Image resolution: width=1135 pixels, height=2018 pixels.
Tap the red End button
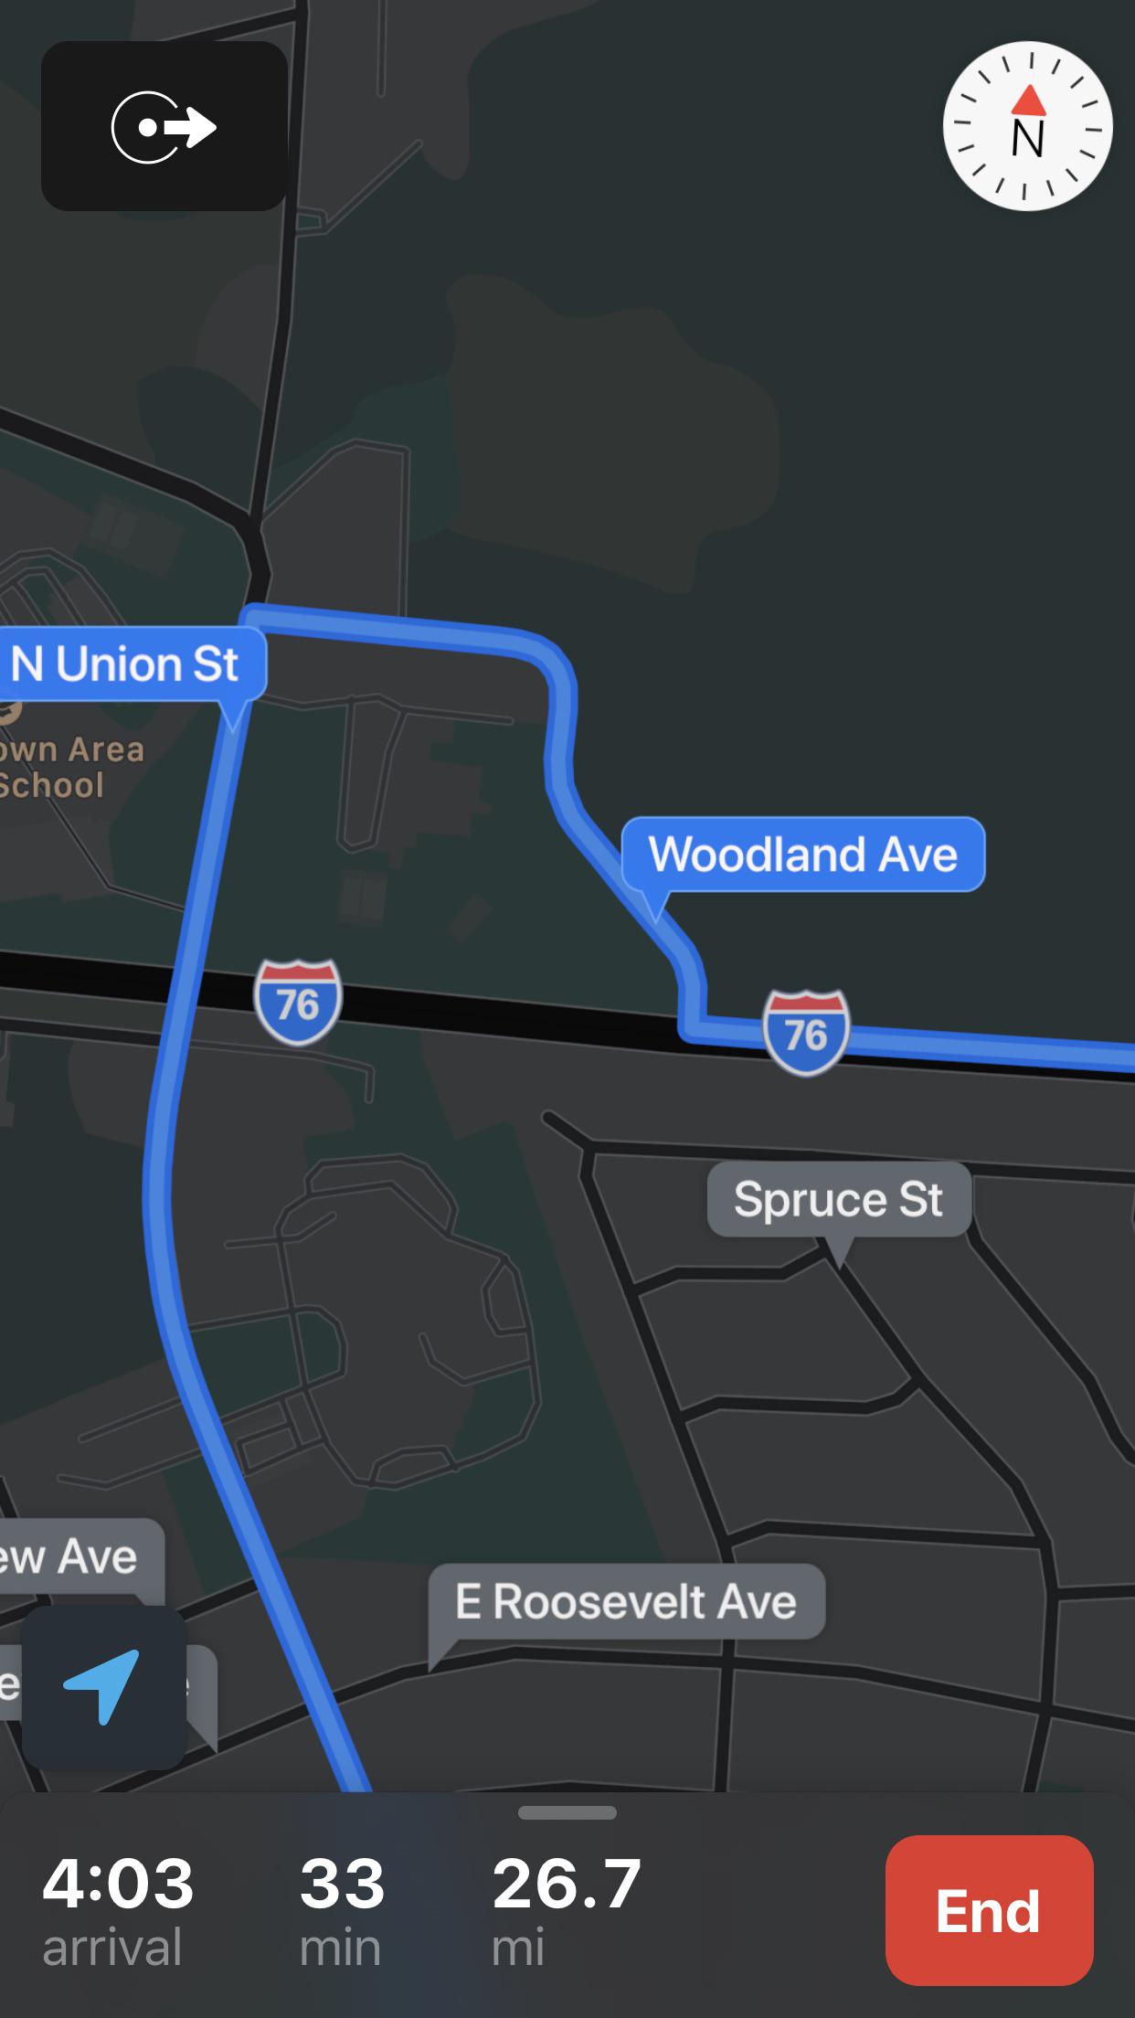pos(989,1909)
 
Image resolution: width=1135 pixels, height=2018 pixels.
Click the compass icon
pos(1027,126)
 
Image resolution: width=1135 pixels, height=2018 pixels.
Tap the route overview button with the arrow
pos(164,126)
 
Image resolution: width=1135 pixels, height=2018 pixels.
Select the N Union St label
pos(126,664)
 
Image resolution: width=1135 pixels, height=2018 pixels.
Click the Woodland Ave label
pos(802,855)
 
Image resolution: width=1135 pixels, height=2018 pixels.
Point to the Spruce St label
pos(838,1199)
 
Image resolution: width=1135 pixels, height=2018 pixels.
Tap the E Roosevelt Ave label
pos(626,1601)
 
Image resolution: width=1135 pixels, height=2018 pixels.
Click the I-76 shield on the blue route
pos(806,1033)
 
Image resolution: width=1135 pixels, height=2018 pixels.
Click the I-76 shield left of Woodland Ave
pos(298,1003)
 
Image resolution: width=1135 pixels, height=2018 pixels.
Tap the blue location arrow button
pos(103,1687)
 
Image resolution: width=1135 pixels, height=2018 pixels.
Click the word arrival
pos(112,1948)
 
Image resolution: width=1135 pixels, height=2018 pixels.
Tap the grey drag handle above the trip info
pos(567,1813)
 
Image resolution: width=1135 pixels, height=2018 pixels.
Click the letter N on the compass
pos(1028,139)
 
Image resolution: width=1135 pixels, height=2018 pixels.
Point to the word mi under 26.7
pos(518,1948)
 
